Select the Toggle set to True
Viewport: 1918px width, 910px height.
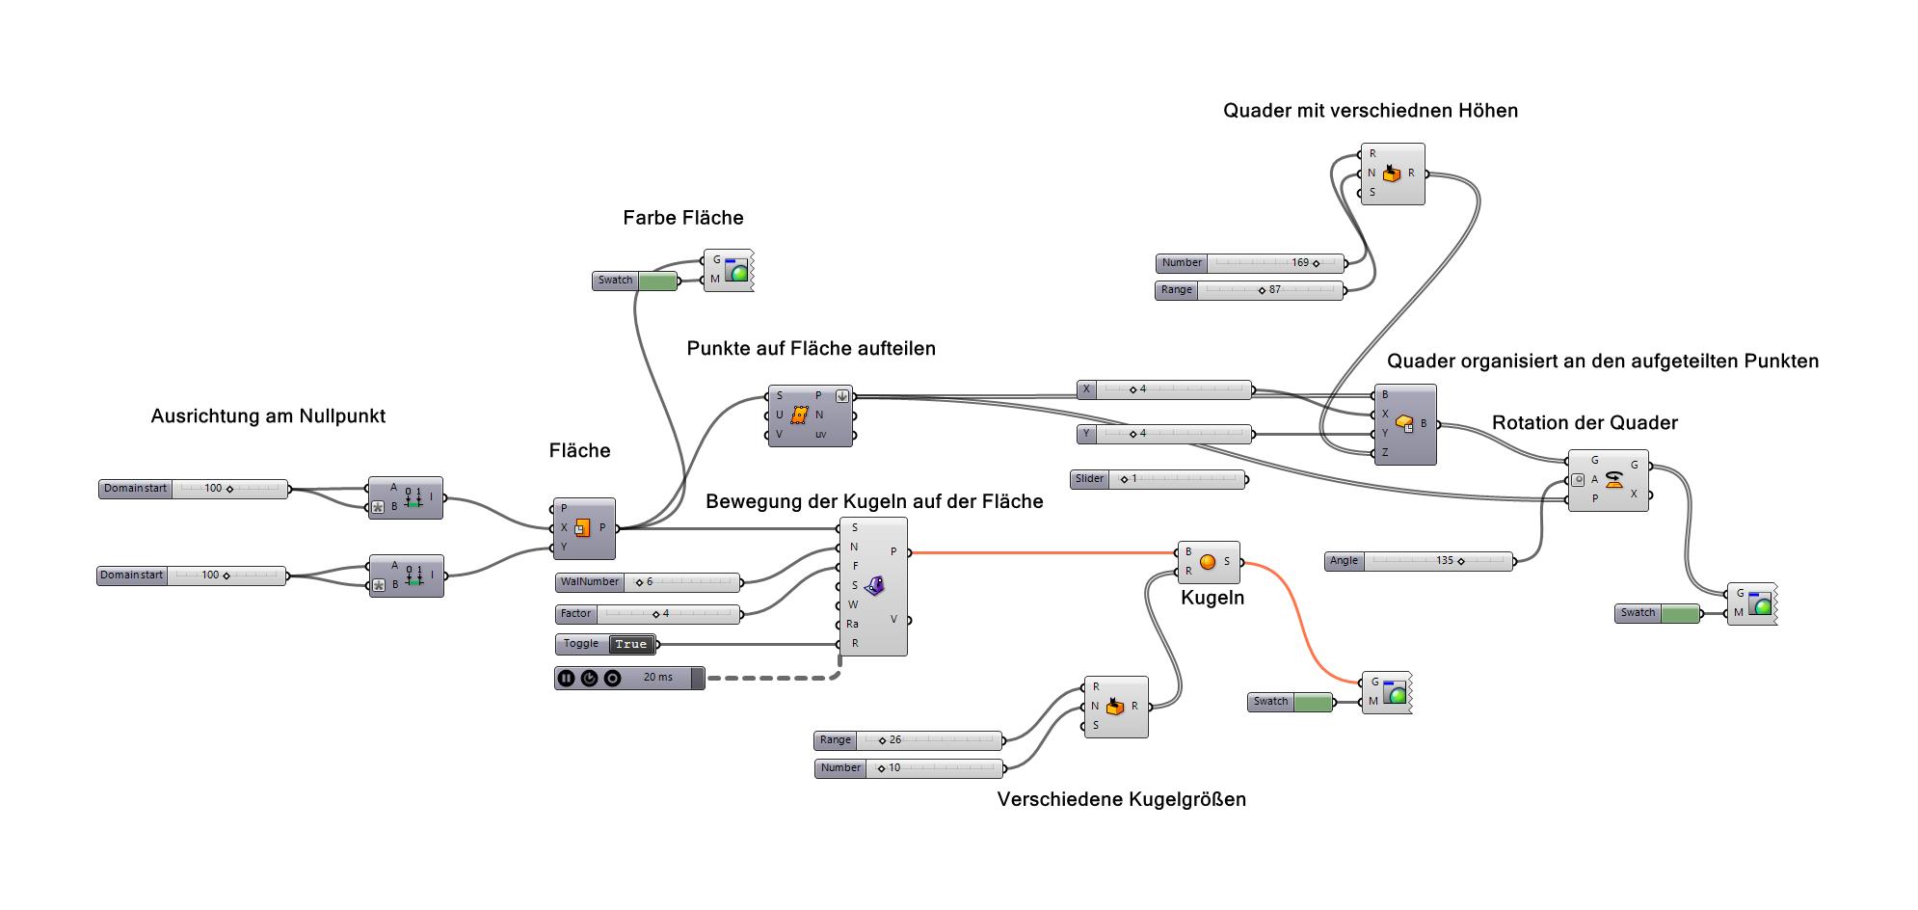(606, 644)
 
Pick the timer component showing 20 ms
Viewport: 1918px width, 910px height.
(629, 678)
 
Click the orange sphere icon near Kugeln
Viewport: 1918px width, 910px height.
(1208, 562)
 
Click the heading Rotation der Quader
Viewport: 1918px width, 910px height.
(1585, 422)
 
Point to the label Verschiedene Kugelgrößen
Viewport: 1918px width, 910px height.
(1121, 799)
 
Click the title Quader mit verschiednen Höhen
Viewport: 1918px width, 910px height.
(1370, 111)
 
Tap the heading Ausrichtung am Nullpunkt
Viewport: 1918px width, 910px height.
(268, 416)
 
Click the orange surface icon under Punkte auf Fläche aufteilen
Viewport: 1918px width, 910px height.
(798, 415)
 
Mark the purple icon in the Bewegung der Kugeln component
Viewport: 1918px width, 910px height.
(874, 585)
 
